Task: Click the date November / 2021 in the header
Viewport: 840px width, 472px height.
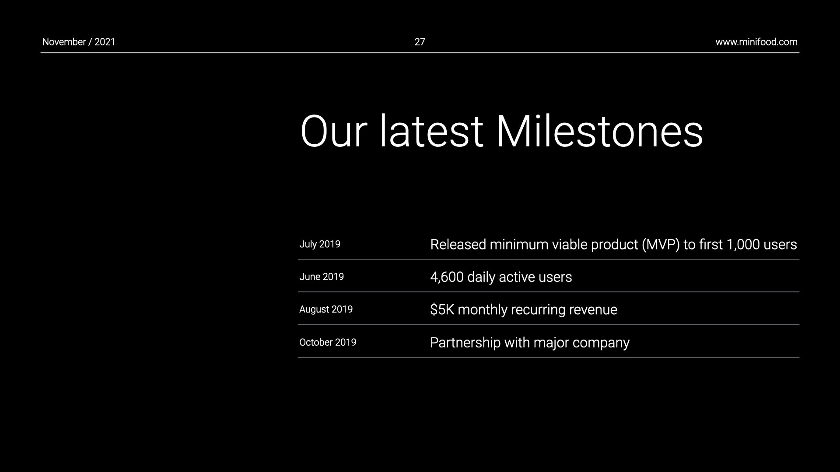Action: (x=79, y=42)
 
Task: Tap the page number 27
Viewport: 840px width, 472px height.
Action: (x=420, y=42)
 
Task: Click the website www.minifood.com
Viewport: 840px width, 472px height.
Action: (x=756, y=42)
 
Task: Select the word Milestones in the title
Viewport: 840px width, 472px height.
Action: (x=599, y=131)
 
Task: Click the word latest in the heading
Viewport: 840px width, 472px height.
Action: (x=431, y=131)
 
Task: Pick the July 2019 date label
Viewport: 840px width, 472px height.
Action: (x=320, y=244)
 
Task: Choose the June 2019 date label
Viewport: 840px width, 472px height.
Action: (x=322, y=277)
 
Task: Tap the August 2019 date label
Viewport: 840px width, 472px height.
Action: (x=326, y=309)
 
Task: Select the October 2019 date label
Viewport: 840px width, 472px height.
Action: (x=328, y=342)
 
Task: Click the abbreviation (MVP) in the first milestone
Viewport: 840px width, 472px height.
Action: (x=661, y=245)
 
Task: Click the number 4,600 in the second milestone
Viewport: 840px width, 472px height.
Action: (x=447, y=277)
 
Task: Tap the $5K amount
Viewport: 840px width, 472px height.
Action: (x=442, y=309)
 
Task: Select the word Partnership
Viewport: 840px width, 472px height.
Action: (x=465, y=343)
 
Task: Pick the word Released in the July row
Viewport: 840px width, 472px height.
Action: (x=458, y=244)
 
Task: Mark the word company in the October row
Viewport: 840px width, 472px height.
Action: (x=601, y=343)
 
